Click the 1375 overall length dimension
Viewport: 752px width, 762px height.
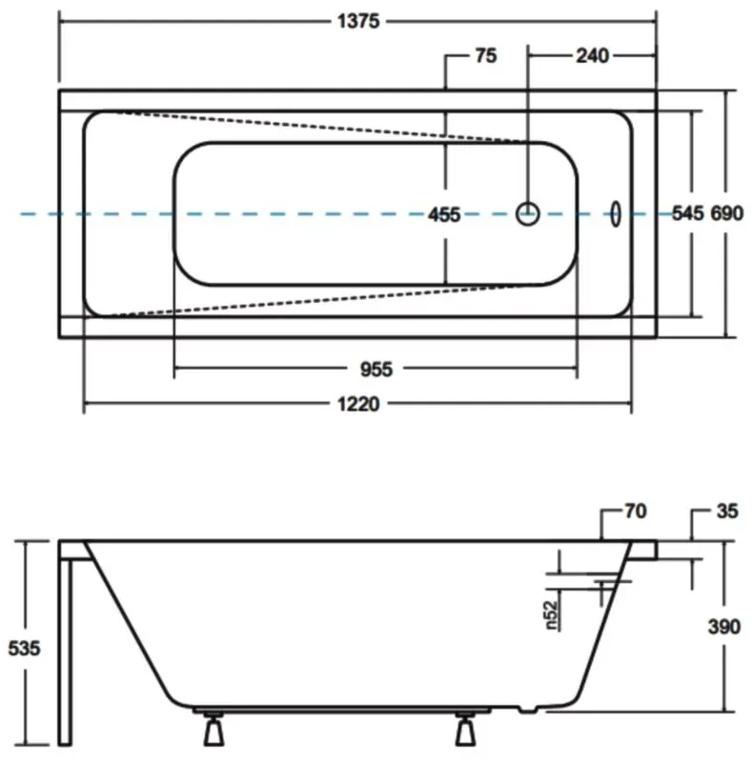tap(357, 23)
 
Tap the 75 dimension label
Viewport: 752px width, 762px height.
tap(485, 56)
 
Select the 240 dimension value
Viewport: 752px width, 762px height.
tap(591, 56)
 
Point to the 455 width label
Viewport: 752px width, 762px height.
tap(443, 214)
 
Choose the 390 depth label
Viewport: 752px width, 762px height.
tap(726, 627)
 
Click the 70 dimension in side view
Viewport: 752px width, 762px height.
tap(635, 512)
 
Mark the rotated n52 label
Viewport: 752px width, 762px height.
tap(551, 613)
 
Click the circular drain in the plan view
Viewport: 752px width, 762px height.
tap(528, 213)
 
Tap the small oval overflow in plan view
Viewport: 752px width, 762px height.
tap(616, 213)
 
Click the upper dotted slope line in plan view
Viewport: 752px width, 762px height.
tap(315, 127)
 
